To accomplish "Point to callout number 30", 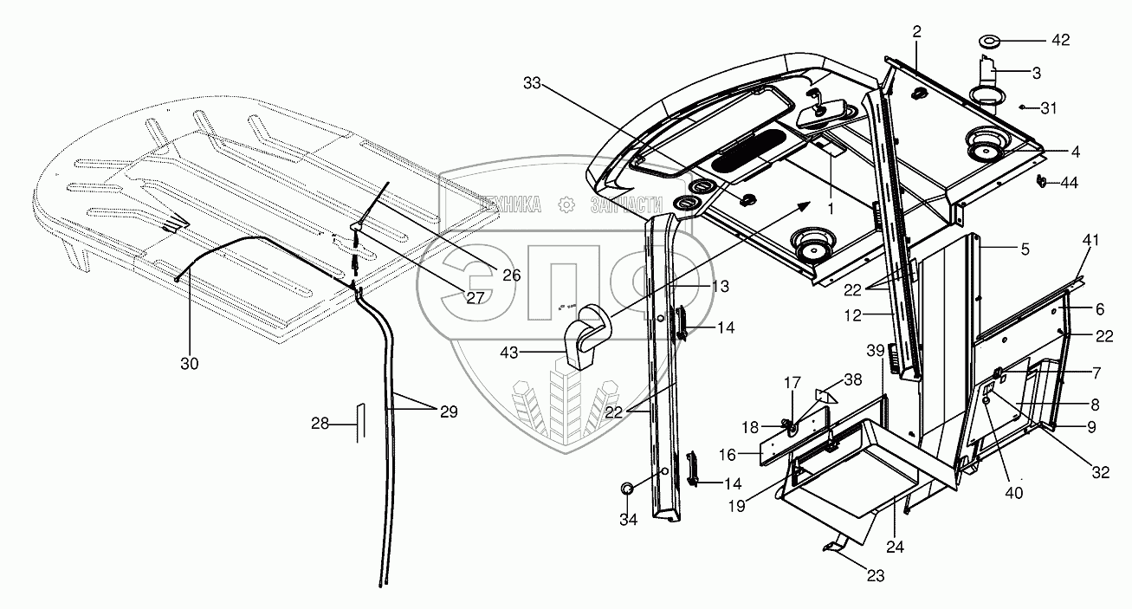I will click(x=189, y=364).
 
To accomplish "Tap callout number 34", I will click(x=627, y=520).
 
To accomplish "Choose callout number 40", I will click(x=1013, y=492).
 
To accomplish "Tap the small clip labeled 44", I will click(x=1044, y=181).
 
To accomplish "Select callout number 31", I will click(x=1050, y=107).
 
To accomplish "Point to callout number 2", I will click(x=916, y=31).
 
